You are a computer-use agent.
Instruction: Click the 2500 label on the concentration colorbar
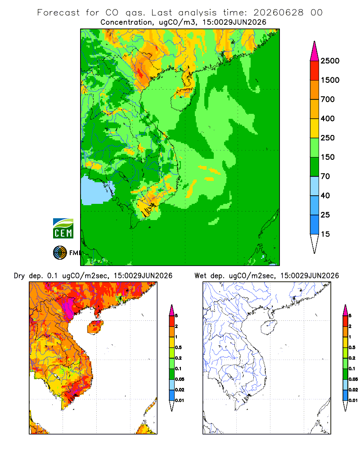point(330,61)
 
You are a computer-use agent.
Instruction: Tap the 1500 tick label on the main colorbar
point(330,80)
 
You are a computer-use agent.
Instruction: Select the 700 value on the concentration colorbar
point(328,99)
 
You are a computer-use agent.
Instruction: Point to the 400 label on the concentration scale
point(328,118)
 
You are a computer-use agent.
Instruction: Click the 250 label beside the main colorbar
point(328,138)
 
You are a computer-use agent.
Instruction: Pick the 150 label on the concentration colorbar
point(328,157)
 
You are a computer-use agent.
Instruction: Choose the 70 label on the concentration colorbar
point(325,176)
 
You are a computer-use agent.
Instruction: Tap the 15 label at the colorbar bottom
point(325,234)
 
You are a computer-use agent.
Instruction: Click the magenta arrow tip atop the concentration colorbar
point(315,42)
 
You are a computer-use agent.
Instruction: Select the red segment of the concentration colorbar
point(315,71)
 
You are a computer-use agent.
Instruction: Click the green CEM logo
point(63,229)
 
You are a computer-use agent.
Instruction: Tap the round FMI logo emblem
point(60,253)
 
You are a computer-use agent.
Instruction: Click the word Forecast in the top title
point(58,13)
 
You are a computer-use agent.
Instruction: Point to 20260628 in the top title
point(278,13)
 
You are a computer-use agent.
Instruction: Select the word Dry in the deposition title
point(19,276)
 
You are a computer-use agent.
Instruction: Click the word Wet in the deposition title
point(200,275)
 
